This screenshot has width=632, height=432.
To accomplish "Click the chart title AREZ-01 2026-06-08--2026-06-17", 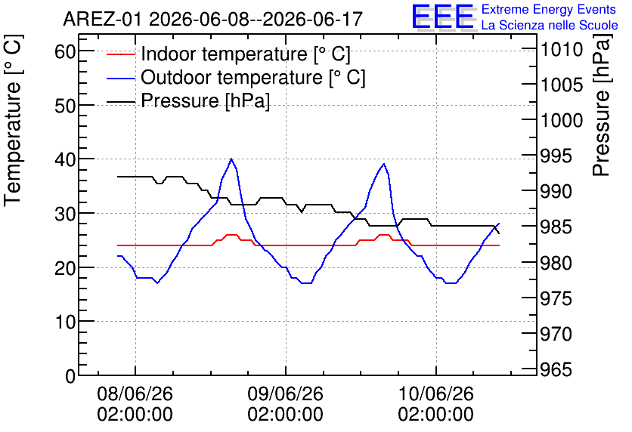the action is tap(213, 19).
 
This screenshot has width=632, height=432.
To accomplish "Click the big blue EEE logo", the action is tap(442, 16).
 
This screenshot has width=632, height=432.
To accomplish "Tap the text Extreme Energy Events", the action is tap(549, 9).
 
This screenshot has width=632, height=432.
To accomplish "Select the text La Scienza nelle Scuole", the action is tap(550, 26).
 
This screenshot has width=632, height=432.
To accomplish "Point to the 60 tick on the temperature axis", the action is tap(65, 51).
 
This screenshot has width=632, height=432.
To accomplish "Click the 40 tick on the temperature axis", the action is tap(65, 159).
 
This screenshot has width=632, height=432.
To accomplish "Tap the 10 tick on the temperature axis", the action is tap(65, 322).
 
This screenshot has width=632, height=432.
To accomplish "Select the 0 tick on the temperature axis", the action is tap(70, 376).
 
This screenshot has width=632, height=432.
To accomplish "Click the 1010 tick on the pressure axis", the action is tap(562, 50).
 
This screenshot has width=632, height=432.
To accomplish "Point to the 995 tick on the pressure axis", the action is tap(556, 156).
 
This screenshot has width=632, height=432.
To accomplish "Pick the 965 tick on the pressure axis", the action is tap(556, 369).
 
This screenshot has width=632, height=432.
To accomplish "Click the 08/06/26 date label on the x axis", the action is tap(135, 393).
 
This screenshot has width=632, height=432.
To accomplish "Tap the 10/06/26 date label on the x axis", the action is tap(435, 393).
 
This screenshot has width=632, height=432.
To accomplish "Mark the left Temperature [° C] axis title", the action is tap(13, 121).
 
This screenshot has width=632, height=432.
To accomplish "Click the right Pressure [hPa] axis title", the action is tap(601, 105).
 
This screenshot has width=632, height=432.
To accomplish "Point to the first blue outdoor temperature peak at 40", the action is tap(231, 159).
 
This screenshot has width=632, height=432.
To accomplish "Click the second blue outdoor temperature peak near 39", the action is tap(384, 164).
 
